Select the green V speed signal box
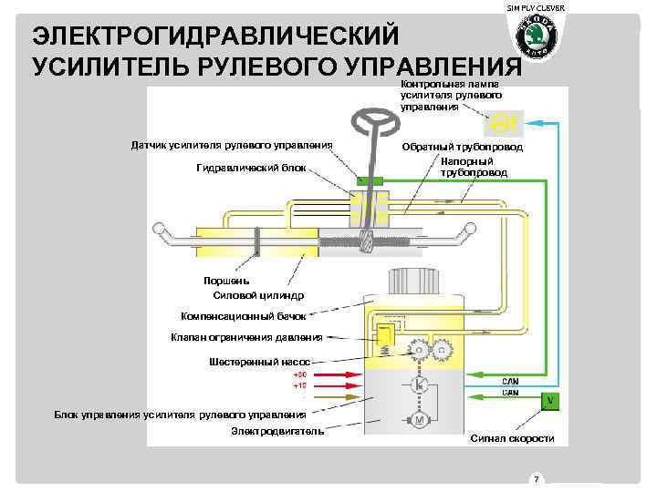click(x=549, y=401)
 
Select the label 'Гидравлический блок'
click(x=252, y=168)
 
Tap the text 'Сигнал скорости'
click(x=511, y=438)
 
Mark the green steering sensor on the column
click(x=370, y=181)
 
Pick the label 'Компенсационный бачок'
click(x=243, y=316)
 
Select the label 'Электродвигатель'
click(x=277, y=430)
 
